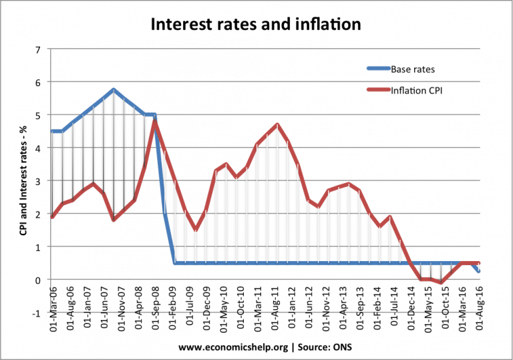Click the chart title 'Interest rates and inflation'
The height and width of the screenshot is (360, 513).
pos(256,25)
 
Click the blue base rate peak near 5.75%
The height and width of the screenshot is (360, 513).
pos(114,89)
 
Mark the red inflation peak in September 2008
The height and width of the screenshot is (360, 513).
pos(155,121)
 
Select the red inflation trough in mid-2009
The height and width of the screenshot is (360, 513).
pos(195,230)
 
